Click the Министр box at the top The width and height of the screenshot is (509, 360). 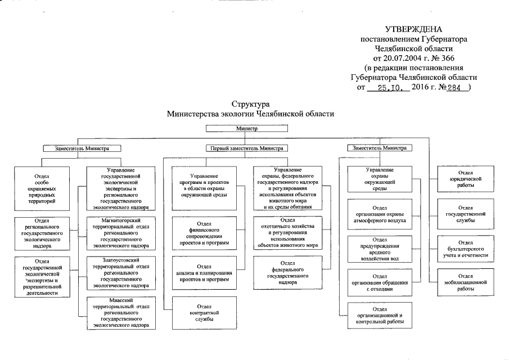pos(247,128)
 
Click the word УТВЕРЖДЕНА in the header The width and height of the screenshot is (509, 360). pos(414,29)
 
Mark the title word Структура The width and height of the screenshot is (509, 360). pos(251,104)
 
